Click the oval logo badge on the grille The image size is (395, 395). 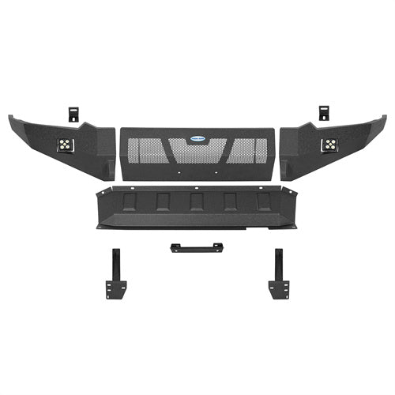[x=197, y=136]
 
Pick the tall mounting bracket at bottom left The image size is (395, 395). [x=116, y=269]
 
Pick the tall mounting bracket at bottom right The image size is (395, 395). [x=278, y=269]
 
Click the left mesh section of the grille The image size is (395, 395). [x=146, y=150]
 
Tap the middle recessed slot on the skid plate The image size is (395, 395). [x=197, y=202]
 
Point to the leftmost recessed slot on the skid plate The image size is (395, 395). [x=128, y=201]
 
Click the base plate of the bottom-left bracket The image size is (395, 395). [x=116, y=292]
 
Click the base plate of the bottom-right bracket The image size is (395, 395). [x=277, y=292]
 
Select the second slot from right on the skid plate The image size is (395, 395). [x=231, y=202]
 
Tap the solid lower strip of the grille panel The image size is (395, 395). [x=197, y=172]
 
